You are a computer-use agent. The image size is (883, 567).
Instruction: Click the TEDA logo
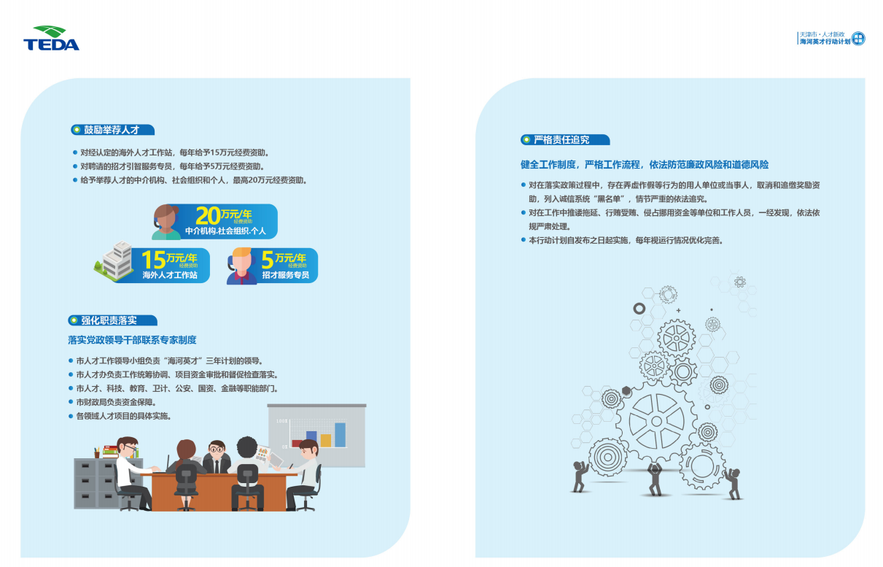[x=51, y=38]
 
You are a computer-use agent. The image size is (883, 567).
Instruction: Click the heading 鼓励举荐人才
[x=112, y=130]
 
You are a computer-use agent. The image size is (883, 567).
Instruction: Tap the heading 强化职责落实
[x=109, y=320]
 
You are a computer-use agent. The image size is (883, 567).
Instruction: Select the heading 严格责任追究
[x=561, y=139]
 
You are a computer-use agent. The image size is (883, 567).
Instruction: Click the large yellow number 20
[x=208, y=216]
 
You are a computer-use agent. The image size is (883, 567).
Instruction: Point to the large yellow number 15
[x=153, y=260]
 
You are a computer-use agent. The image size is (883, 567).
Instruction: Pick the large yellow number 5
[x=268, y=260]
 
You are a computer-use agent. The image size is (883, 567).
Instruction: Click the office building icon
[x=114, y=261]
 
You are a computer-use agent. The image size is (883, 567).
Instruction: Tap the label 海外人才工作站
[x=170, y=275]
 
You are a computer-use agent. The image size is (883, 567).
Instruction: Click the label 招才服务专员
[x=286, y=275]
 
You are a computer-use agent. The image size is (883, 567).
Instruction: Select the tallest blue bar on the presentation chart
[x=341, y=435]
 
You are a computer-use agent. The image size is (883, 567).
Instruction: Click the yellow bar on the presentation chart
[x=326, y=440]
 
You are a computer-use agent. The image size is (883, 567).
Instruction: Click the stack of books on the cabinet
[x=110, y=452]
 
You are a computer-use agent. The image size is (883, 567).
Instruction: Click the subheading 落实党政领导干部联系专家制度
[x=132, y=340]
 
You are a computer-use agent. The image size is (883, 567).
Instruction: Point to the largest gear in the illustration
[x=656, y=421]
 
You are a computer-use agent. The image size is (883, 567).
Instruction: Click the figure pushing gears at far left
[x=579, y=477]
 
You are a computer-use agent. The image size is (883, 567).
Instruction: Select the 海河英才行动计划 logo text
[x=825, y=42]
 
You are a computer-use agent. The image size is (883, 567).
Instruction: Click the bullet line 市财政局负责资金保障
[x=117, y=403]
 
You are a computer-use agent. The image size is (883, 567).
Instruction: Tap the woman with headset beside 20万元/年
[x=166, y=222]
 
